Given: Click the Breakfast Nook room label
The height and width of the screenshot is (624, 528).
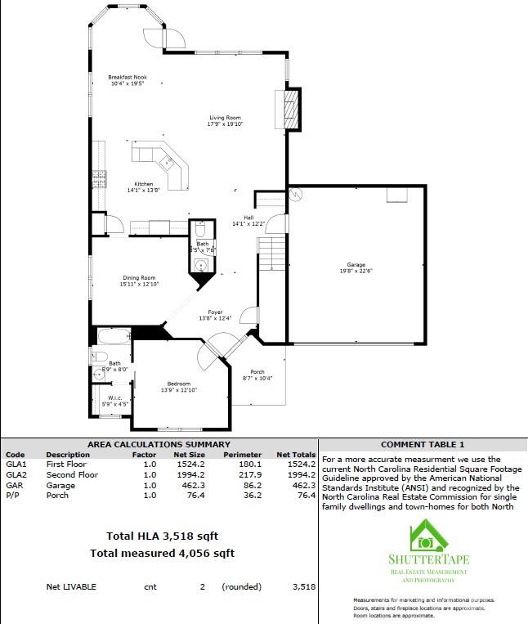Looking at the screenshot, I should pyautogui.click(x=128, y=80).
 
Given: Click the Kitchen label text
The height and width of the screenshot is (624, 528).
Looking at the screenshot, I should pyautogui.click(x=144, y=186).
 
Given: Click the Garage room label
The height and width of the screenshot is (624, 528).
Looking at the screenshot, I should pyautogui.click(x=356, y=267).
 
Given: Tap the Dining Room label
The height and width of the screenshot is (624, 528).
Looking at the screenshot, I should pyautogui.click(x=139, y=281).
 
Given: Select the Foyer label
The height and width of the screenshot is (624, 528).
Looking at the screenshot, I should pyautogui.click(x=215, y=315).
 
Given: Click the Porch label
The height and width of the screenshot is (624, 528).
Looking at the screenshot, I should pyautogui.click(x=257, y=375).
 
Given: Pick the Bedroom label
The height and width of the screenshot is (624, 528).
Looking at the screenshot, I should pyautogui.click(x=179, y=387).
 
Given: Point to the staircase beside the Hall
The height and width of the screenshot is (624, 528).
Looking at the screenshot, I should pyautogui.click(x=271, y=253).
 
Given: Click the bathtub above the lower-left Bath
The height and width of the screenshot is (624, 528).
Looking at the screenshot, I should pyautogui.click(x=114, y=336).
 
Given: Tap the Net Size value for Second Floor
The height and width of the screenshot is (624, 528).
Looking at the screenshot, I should pyautogui.click(x=191, y=475).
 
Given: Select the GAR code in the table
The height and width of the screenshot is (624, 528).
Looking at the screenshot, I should pyautogui.click(x=16, y=485).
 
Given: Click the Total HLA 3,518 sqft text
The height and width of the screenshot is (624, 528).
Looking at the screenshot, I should pyautogui.click(x=162, y=536).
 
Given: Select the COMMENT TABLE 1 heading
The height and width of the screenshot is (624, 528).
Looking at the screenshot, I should pyautogui.click(x=423, y=445).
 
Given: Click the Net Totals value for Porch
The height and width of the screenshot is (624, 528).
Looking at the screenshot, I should pyautogui.click(x=303, y=496).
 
